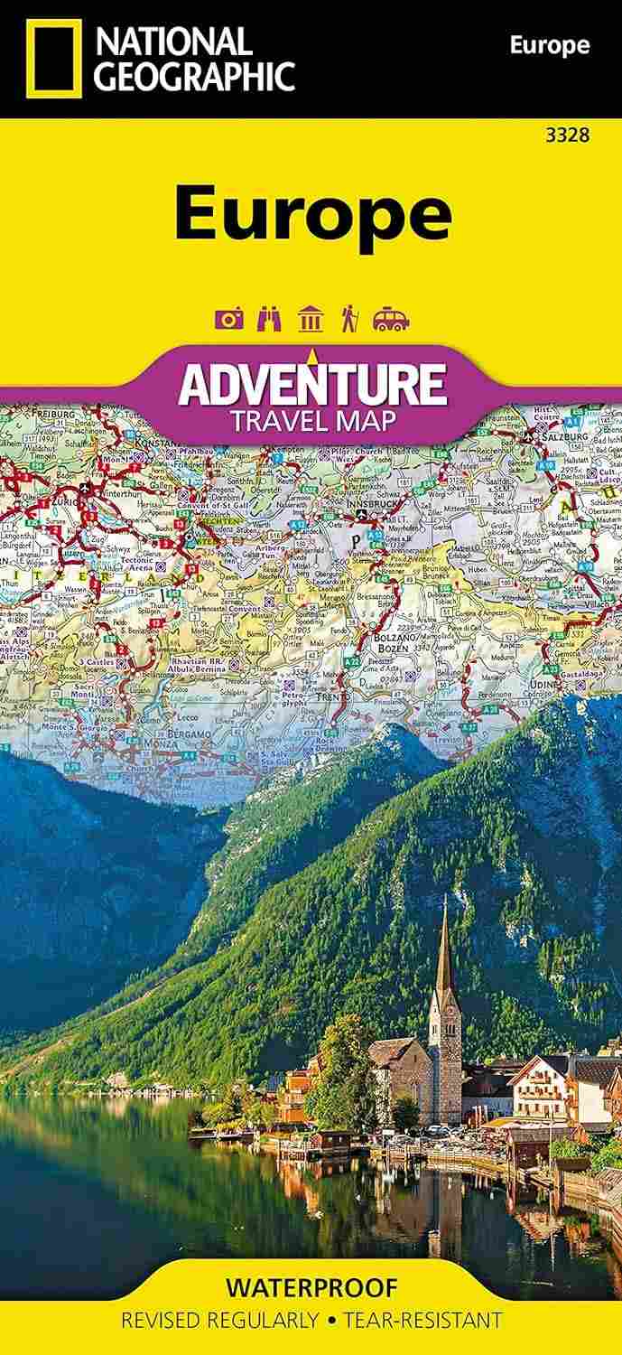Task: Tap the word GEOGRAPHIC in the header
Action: point(195,77)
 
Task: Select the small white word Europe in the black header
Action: point(549,45)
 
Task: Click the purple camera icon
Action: point(229,319)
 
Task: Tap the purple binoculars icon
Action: point(270,319)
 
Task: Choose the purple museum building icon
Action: point(310,319)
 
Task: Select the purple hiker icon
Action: point(348,319)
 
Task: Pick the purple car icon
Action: point(391,319)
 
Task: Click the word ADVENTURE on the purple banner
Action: point(312,386)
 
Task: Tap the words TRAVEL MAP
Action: point(312,420)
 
